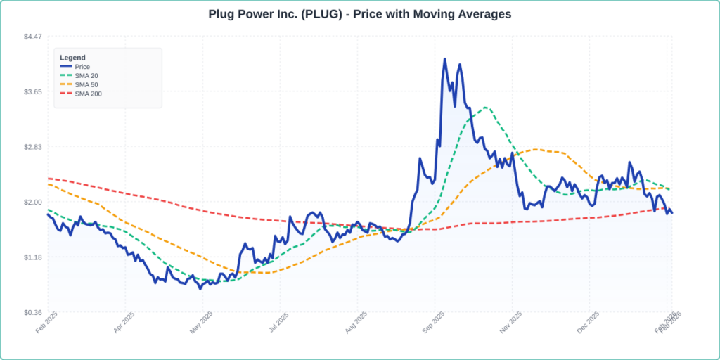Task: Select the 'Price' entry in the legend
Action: (82, 67)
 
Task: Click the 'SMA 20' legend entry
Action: (86, 76)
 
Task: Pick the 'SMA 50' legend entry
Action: (86, 84)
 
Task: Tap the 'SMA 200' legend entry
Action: (88, 94)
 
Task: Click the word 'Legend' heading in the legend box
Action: (72, 57)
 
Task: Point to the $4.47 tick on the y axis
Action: (33, 37)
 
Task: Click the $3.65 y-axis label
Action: (33, 92)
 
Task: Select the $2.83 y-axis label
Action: (33, 147)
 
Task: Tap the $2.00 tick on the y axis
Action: (33, 202)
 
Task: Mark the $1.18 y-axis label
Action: (33, 257)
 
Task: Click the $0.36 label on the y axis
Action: (33, 313)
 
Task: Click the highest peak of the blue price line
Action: (444, 59)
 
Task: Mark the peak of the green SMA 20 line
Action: (485, 108)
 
